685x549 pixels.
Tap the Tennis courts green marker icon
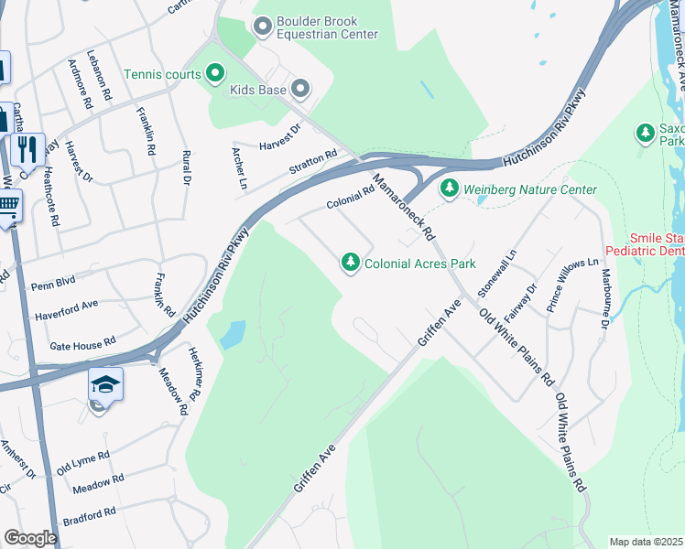coord(215,71)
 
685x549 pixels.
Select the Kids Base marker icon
coord(300,89)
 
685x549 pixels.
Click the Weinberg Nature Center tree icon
coord(449,189)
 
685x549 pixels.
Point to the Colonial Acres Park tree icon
coord(350,264)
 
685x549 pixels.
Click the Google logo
coord(30,537)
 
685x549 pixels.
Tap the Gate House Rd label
coord(82,342)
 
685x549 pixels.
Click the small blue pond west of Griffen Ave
coord(233,334)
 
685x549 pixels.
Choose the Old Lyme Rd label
coord(83,460)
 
